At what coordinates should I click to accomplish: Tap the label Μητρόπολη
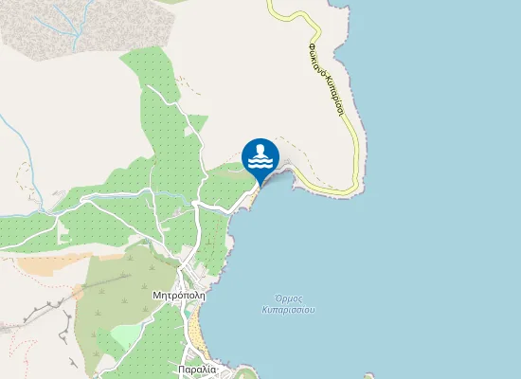[x=178, y=295]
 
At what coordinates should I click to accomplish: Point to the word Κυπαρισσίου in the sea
[x=288, y=309]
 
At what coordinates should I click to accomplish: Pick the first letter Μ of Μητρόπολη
[x=156, y=295]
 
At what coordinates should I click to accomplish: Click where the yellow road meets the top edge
[x=269, y=3]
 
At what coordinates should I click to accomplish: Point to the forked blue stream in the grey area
[x=66, y=19]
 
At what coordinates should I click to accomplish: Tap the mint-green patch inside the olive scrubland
[x=125, y=334]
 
